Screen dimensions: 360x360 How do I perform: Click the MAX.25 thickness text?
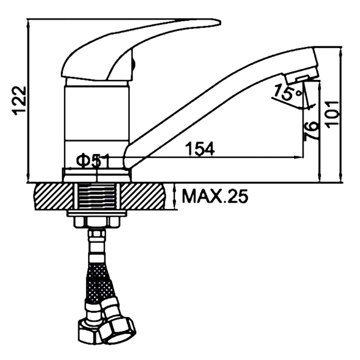215,196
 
